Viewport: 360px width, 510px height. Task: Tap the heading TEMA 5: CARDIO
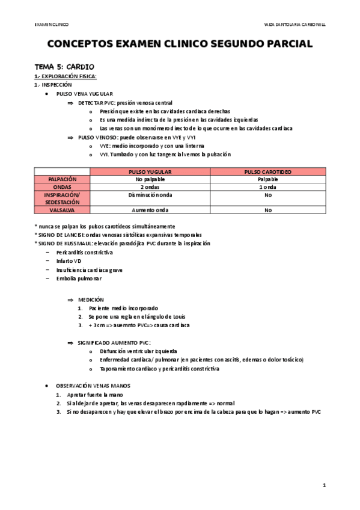(63, 66)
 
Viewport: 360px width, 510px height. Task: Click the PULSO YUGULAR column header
(150, 171)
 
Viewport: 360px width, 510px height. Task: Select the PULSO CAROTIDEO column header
(267, 171)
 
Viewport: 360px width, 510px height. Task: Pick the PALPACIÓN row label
(62, 179)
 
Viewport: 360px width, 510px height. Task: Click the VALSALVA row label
(62, 210)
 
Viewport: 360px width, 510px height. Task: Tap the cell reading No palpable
(150, 179)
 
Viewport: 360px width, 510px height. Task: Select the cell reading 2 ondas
(150, 186)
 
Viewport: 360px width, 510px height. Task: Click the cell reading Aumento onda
(150, 210)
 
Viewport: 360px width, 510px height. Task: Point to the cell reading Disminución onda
(150, 195)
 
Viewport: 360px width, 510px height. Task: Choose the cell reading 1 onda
(267, 186)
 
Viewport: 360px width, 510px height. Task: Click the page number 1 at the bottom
(324, 485)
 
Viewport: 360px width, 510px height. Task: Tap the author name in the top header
(294, 24)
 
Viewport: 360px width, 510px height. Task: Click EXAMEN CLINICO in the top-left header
(51, 24)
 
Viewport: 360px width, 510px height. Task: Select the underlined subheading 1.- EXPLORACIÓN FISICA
(66, 76)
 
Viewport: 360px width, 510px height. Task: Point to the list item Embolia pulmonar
(79, 278)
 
